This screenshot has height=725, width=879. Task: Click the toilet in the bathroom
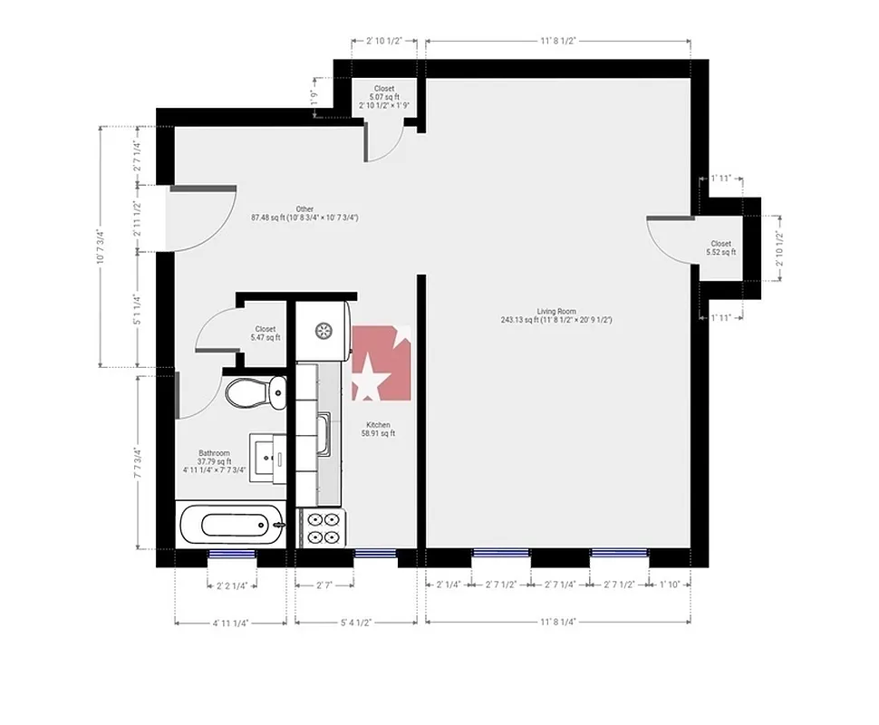254,392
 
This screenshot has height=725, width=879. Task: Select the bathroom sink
268,456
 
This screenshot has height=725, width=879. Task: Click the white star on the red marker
367,380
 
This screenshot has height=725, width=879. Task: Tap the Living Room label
555,315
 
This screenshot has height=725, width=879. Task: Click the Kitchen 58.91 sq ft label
378,430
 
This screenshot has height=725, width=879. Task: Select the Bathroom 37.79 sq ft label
215,461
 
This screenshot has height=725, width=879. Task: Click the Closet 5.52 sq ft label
720,247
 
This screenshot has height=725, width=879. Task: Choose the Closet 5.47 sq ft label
265,333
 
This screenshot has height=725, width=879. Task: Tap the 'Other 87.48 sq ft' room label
304,213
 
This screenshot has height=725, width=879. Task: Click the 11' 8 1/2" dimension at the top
558,41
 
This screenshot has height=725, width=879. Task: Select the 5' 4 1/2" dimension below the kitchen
356,623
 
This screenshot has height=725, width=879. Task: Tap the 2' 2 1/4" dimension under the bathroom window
234,585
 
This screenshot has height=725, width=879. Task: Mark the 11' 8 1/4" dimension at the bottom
558,623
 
